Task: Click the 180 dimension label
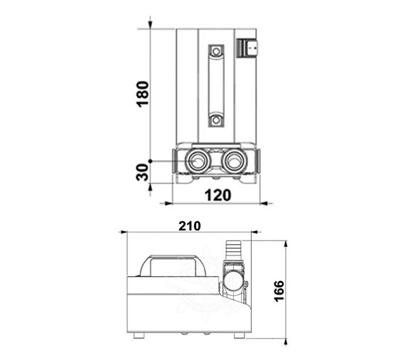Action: pyautogui.click(x=143, y=94)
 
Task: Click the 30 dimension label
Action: pyautogui.click(x=142, y=172)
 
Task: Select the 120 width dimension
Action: pyautogui.click(x=218, y=196)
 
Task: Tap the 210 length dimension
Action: pyautogui.click(x=190, y=226)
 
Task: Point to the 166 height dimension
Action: pyautogui.click(x=279, y=291)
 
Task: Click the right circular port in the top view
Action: pyautogui.click(x=234, y=162)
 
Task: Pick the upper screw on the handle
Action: pyautogui.click(x=216, y=51)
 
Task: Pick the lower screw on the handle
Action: pyautogui.click(x=216, y=120)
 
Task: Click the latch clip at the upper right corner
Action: pyautogui.click(x=247, y=48)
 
